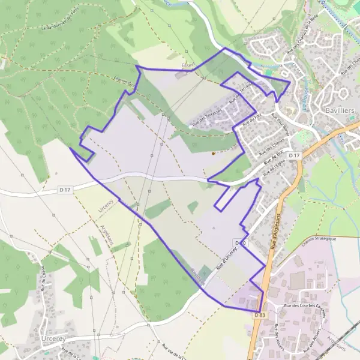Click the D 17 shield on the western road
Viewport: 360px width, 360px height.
point(65,190)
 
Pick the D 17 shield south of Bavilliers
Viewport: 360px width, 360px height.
point(293,156)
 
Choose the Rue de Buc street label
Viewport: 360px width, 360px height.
point(271,160)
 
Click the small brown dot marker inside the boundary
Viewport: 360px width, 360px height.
point(212,153)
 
